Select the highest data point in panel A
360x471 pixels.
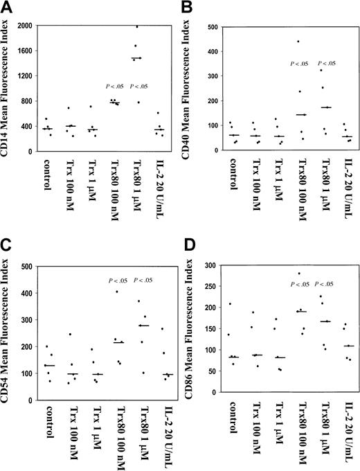136,26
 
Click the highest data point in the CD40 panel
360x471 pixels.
279,42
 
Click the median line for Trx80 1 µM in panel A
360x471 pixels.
136,58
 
